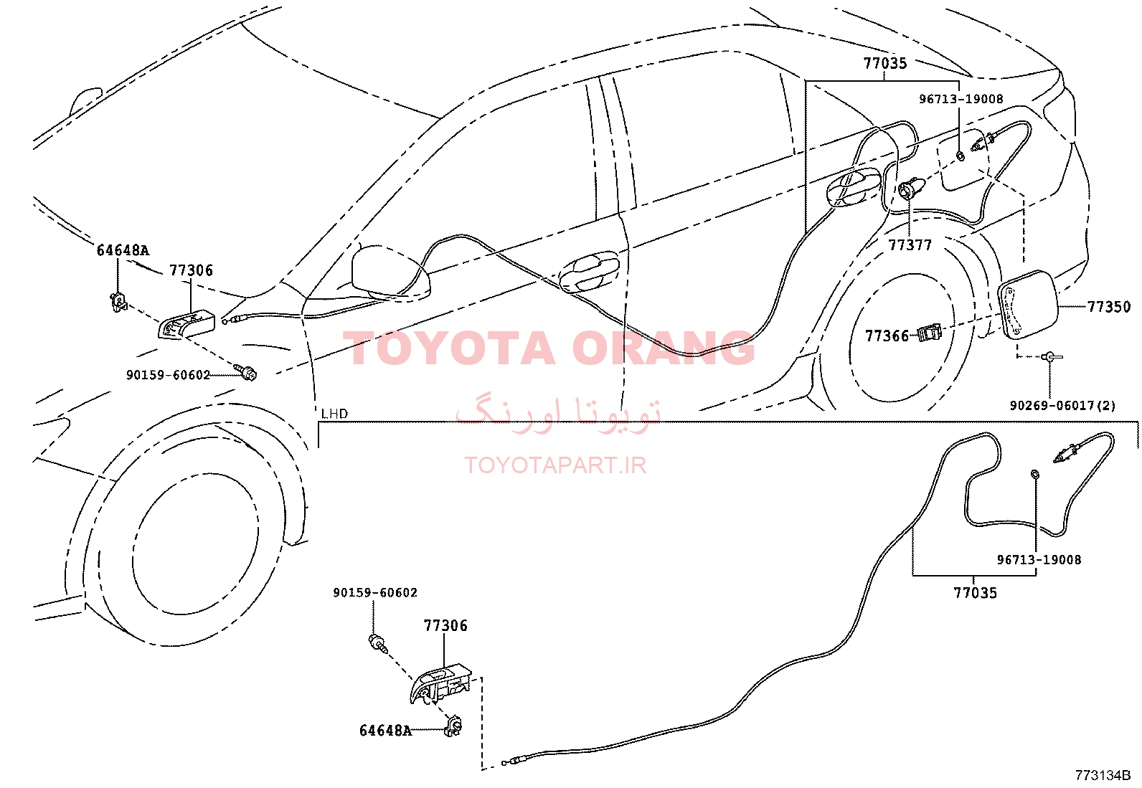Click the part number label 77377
click(910, 245)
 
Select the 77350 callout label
click(1110, 307)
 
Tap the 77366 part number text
click(887, 336)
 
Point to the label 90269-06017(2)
click(1062, 406)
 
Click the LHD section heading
click(335, 414)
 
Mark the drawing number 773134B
click(1103, 775)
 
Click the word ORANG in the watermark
click(664, 348)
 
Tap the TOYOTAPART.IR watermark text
click(555, 465)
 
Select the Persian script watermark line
click(558, 414)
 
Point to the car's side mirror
click(390, 272)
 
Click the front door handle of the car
click(590, 272)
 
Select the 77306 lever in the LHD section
click(440, 685)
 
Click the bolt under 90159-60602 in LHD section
click(378, 645)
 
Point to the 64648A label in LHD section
click(385, 731)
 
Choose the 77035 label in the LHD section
click(975, 593)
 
